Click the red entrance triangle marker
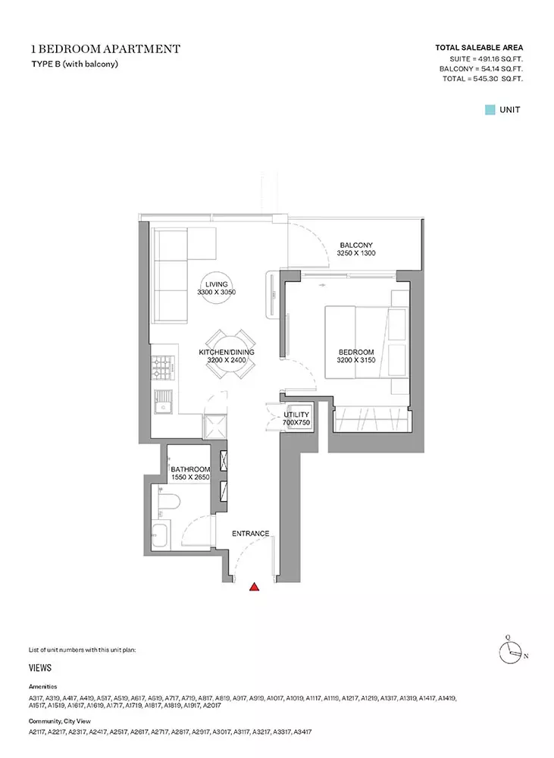255,587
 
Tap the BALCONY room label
356,245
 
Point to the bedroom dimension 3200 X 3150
356,360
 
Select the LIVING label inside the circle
216,284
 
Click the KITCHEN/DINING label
227,352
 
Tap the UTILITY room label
296,415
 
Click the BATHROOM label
190,469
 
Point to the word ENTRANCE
250,534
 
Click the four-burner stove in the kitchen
163,368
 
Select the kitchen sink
164,402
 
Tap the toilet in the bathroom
169,501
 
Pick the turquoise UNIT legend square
490,110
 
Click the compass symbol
511,653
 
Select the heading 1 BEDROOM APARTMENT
105,49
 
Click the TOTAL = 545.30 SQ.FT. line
483,79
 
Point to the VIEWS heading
40,668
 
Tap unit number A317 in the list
36,699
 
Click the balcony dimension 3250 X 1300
356,253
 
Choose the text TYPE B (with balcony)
75,64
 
